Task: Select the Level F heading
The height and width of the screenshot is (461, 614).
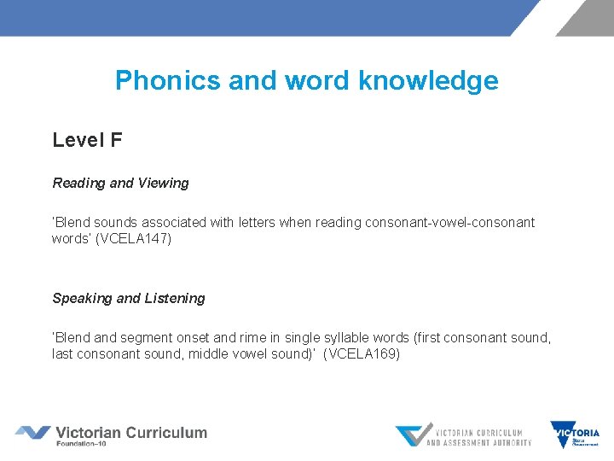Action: coord(87,140)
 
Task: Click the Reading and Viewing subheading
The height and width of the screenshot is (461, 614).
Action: coord(120,183)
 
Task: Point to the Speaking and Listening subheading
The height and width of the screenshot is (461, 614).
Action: coord(129,298)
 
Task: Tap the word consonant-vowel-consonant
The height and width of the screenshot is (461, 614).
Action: coord(449,222)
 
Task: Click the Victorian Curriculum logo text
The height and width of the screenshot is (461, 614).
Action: coord(130,432)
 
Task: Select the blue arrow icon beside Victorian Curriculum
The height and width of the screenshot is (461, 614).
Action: coord(32,433)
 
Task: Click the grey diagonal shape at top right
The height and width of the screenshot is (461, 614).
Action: coord(585,17)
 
